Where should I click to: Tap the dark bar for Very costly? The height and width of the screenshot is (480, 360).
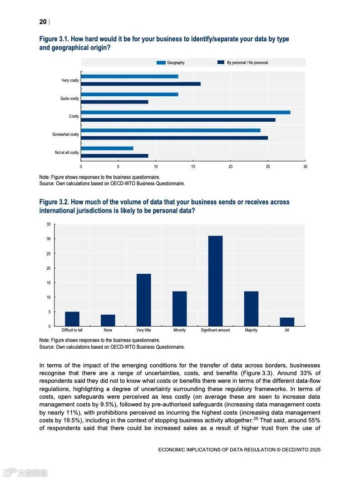[140, 84]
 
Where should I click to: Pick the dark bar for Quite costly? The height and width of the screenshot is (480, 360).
[114, 102]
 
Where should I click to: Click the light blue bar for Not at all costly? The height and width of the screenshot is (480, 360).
[107, 148]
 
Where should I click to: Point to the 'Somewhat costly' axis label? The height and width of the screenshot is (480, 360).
[65, 134]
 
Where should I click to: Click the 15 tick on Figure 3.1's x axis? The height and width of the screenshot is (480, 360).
[193, 167]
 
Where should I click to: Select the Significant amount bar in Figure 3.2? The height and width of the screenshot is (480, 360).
[215, 281]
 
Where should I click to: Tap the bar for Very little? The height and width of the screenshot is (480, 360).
[143, 300]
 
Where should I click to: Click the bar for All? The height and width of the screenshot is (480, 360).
[287, 322]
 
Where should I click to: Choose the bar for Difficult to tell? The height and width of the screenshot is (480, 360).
[72, 319]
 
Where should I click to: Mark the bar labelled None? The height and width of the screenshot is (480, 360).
[108, 320]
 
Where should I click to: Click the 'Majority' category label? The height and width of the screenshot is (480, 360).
[251, 330]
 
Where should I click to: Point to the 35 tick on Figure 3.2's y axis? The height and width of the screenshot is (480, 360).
[48, 224]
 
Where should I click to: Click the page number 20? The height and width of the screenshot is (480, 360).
[43, 22]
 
